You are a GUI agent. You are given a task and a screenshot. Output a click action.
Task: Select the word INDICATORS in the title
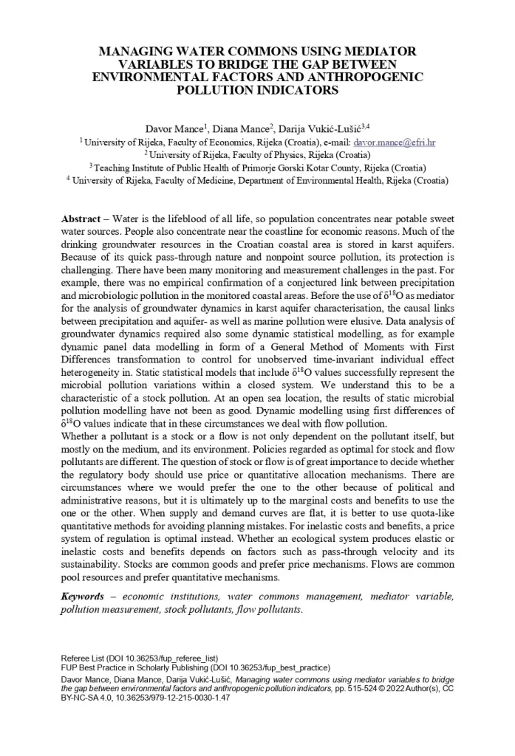coord(295,90)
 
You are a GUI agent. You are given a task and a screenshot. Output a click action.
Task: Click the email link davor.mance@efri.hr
coord(395,141)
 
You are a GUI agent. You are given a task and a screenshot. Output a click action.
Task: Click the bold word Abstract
coord(81,220)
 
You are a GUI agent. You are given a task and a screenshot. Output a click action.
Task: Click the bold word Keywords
coord(81,596)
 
